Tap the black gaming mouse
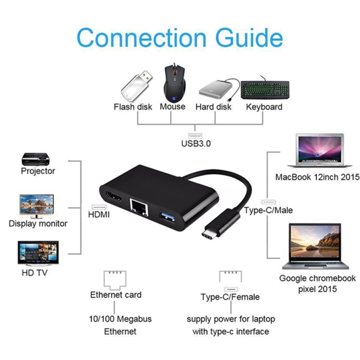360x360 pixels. coord(173,81)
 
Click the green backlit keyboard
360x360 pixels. coord(264,89)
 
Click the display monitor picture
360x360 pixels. coord(37,205)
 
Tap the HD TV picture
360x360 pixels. coord(38,253)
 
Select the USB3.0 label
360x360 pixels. coord(195,143)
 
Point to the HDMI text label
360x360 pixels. coord(99,215)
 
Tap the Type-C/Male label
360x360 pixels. coord(268,210)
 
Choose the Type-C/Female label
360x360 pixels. coord(230,297)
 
